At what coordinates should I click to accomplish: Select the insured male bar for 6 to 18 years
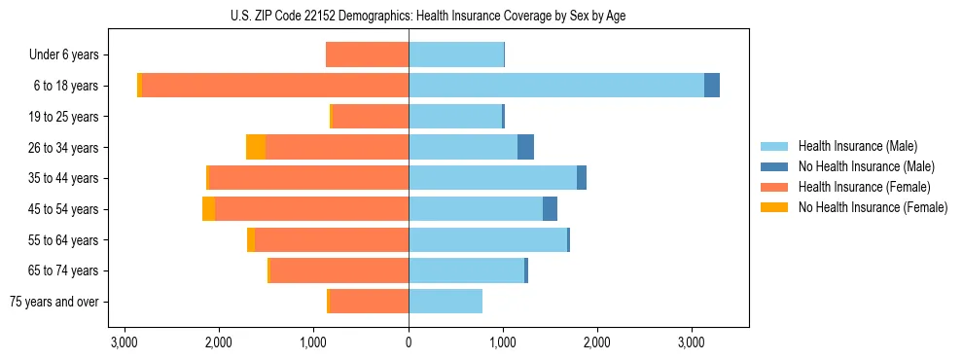tap(555, 86)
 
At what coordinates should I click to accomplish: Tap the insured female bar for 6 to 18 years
tap(275, 86)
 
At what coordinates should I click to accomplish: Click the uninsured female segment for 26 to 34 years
tap(256, 147)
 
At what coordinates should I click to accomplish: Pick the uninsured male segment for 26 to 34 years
tap(525, 147)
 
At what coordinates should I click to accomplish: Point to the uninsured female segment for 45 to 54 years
tap(208, 209)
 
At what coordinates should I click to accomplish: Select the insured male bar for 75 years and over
tap(446, 302)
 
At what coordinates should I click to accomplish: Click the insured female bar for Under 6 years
tap(367, 54)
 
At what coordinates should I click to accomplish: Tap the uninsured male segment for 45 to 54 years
tap(550, 209)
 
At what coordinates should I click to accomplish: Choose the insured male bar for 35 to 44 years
tap(492, 178)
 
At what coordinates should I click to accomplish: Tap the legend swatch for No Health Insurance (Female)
tap(774, 207)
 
